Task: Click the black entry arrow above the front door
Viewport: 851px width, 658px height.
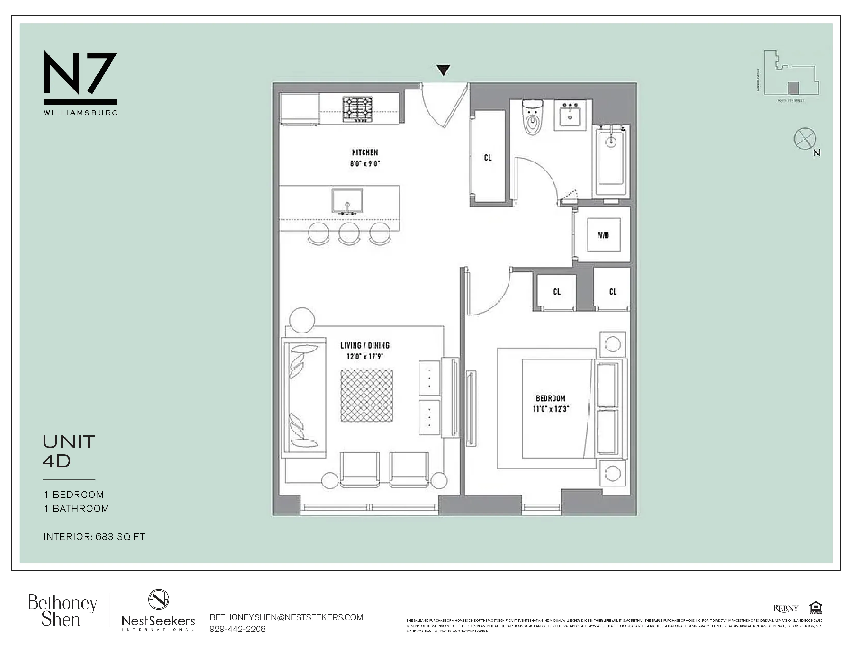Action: point(444,70)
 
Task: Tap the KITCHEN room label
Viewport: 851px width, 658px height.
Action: point(365,153)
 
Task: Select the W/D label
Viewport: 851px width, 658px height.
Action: point(603,235)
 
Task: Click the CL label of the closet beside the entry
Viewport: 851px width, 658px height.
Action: point(488,157)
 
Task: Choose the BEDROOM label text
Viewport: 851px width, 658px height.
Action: point(551,398)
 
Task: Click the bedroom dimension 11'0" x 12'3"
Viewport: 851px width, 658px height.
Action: point(551,409)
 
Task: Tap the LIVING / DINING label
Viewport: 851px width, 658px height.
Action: point(365,345)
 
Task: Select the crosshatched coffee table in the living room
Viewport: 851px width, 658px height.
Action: point(367,395)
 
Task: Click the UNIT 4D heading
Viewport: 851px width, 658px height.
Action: point(69,451)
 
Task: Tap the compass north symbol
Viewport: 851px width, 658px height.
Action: point(805,139)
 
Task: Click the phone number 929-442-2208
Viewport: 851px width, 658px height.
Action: point(238,629)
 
